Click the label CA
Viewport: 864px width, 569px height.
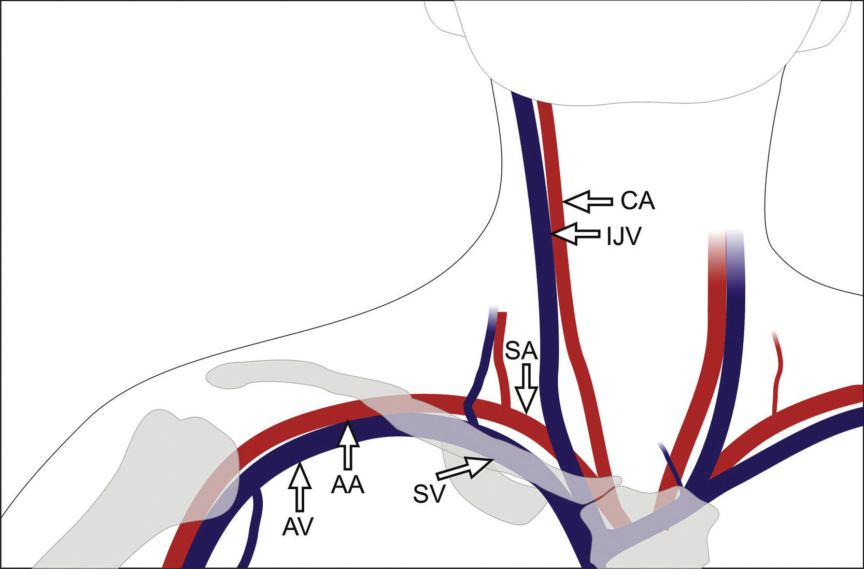tap(638, 201)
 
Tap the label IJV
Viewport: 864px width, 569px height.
tap(624, 236)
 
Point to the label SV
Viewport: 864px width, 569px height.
tap(430, 494)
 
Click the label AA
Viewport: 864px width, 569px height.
tap(348, 486)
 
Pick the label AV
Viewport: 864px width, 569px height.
tap(299, 526)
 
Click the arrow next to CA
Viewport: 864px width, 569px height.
tap(587, 201)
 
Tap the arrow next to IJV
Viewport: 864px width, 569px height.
tap(575, 234)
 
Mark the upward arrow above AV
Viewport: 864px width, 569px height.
tap(299, 488)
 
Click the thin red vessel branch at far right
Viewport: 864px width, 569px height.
tap(776, 373)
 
